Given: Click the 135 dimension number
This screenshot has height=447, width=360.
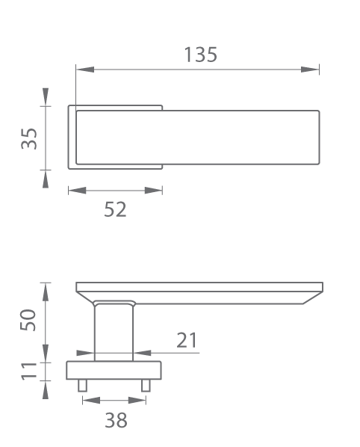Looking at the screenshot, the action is pos(201,55).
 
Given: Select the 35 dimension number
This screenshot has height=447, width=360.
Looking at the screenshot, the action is pos(29,138).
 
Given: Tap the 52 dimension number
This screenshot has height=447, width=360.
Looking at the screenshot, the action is pos(115,209).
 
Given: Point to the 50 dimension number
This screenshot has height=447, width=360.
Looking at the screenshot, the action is pos(28,320).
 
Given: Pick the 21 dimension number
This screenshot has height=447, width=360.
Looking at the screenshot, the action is pos(187,340).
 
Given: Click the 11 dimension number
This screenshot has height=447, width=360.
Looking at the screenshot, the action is pos(29,372).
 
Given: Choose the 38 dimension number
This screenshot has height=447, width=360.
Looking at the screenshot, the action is pos(116,420).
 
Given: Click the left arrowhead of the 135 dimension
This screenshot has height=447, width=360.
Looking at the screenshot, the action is pos(85,70).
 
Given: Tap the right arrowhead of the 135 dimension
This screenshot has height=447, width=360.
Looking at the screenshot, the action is pos(310,70).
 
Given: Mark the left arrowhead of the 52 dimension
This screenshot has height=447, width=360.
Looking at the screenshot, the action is pos(77,190).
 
